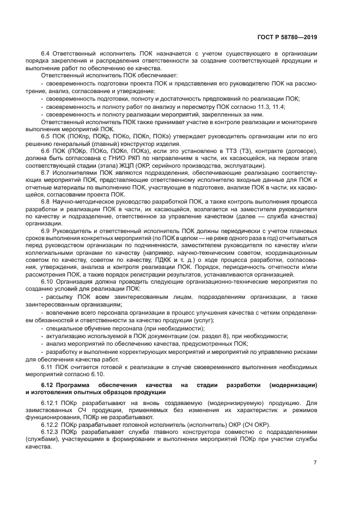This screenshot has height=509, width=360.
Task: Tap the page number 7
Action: (315, 463)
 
